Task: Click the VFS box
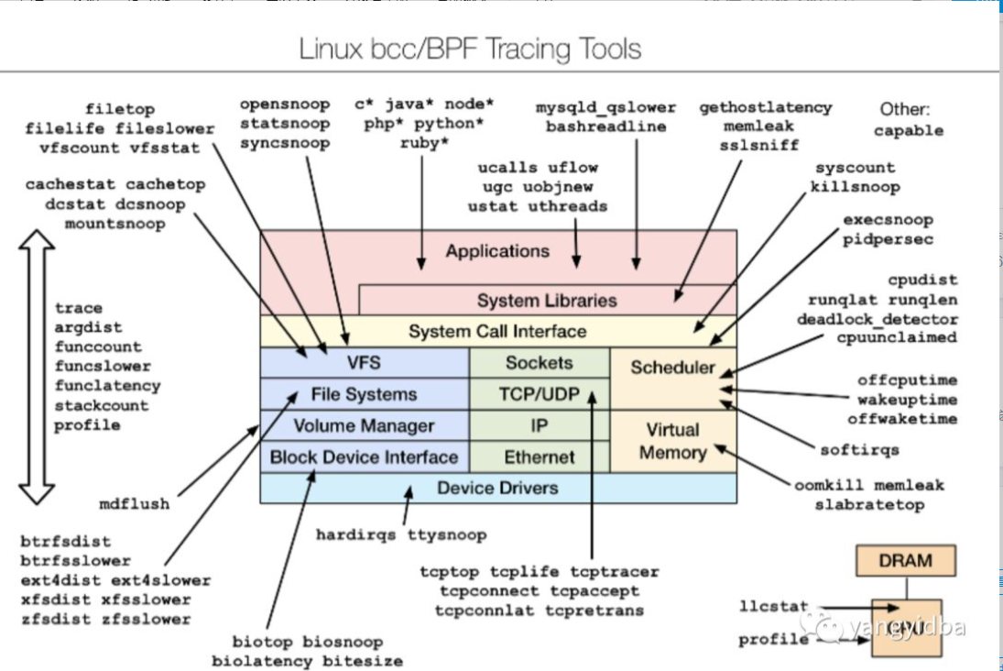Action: tap(365, 363)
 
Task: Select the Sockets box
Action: tap(539, 363)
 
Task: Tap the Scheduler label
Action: tap(672, 368)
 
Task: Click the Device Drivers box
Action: tap(497, 488)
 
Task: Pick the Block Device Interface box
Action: tap(364, 456)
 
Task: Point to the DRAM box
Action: tap(906, 560)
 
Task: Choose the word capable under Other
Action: tap(908, 130)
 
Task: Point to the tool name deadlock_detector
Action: tap(877, 319)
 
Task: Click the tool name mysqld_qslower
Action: tap(605, 107)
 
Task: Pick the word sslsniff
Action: tap(760, 145)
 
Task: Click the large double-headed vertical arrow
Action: tap(38, 367)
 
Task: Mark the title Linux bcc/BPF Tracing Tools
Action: tap(470, 49)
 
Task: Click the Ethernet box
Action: tap(539, 456)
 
